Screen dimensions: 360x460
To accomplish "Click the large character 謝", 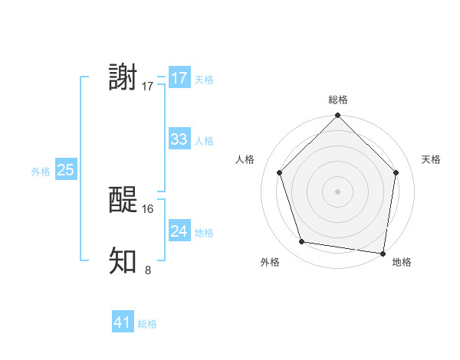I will click(x=123, y=78).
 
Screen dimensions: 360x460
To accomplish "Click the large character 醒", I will click(x=123, y=201).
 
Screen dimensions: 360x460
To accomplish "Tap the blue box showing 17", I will click(x=179, y=78).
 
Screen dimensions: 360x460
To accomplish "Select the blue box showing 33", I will click(x=179, y=139).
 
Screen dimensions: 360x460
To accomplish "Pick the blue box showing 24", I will click(x=179, y=231).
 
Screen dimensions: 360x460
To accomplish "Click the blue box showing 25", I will click(x=65, y=170).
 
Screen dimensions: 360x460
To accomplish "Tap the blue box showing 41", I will click(x=123, y=323).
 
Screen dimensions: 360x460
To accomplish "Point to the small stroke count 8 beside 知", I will click(x=148, y=269).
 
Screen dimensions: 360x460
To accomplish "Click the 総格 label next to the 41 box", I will click(x=147, y=324).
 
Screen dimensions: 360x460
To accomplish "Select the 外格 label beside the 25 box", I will click(x=41, y=172).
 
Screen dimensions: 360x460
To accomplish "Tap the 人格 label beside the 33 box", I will click(x=204, y=141).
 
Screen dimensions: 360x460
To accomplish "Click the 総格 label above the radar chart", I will click(x=337, y=100).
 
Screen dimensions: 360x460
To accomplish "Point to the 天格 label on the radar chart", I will click(x=431, y=159).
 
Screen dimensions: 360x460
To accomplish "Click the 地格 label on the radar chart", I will click(x=402, y=262).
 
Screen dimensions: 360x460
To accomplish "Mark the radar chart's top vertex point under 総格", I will click(x=337, y=116).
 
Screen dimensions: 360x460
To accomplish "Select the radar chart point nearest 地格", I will click(x=383, y=253).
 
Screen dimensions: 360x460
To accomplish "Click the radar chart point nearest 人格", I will click(x=280, y=172).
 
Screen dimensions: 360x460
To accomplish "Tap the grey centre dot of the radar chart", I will click(x=337, y=191).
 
